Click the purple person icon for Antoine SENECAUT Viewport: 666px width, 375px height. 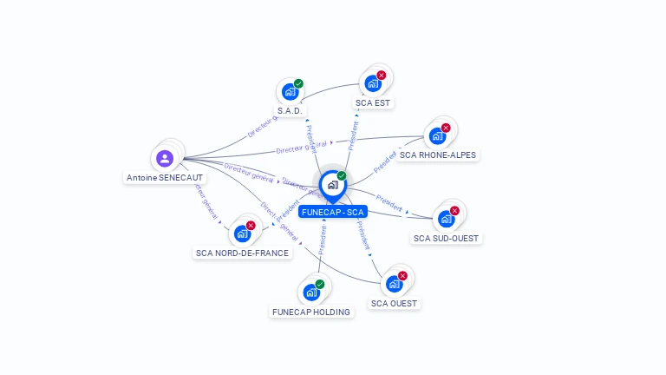pos(165,159)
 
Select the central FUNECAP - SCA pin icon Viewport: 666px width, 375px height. pos(332,185)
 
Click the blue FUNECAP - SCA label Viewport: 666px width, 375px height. pos(333,212)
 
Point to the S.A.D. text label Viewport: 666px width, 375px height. pos(290,111)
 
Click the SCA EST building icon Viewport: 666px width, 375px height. pos(372,83)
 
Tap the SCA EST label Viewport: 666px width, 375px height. pos(373,102)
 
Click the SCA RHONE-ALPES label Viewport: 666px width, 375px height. pos(438,155)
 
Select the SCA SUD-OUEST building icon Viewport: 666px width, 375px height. pos(446,219)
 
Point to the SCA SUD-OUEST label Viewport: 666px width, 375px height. pos(446,238)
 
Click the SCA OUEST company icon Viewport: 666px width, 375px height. pos(394,284)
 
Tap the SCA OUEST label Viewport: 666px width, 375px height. pos(394,304)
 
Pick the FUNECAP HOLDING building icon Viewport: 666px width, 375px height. pos(310,293)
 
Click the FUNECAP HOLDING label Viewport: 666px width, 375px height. pos(311,312)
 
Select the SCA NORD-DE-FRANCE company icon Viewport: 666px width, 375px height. pos(242,234)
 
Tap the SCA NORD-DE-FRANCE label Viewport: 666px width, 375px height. pos(242,253)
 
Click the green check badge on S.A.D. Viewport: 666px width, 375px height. pos(298,84)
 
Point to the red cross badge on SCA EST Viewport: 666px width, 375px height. pos(381,76)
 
